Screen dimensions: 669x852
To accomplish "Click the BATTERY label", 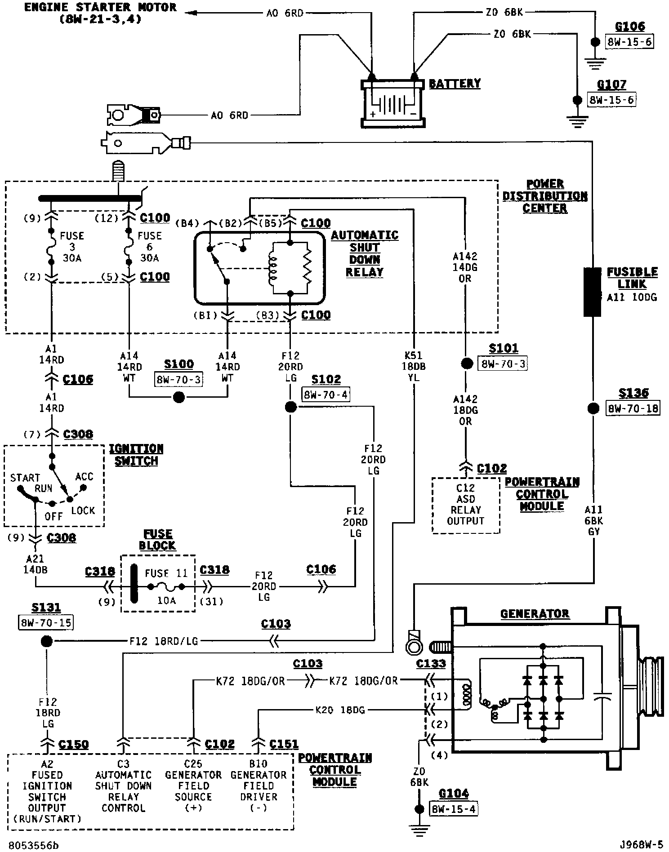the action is pyautogui.click(x=455, y=84).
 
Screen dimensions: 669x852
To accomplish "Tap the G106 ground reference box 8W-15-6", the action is pyautogui.click(x=629, y=42).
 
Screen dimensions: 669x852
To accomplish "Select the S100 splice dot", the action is pyautogui.click(x=179, y=397).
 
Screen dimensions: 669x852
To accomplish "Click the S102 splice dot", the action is pyautogui.click(x=291, y=408).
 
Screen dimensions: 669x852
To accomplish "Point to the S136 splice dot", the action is pyautogui.click(x=593, y=408).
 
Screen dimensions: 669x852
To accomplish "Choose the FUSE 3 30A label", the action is pyautogui.click(x=72, y=247).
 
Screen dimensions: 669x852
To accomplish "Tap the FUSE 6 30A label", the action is pyautogui.click(x=149, y=247).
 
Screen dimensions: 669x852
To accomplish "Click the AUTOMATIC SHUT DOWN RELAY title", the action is pyautogui.click(x=365, y=254).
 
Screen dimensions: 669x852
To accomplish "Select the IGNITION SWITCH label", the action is pyautogui.click(x=136, y=455).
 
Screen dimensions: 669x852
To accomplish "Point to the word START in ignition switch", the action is pyautogui.click(x=25, y=477).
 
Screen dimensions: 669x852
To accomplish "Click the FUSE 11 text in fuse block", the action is pyautogui.click(x=166, y=573).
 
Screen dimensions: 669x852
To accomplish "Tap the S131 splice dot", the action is pyautogui.click(x=46, y=641).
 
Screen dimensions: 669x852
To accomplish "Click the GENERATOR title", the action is pyautogui.click(x=535, y=613).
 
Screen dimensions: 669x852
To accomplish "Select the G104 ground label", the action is pyautogui.click(x=454, y=794).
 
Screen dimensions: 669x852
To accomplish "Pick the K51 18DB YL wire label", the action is pyautogui.click(x=413, y=367).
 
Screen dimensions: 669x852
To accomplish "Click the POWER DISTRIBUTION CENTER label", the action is pyautogui.click(x=545, y=196).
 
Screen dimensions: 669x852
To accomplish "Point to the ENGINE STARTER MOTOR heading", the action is pyautogui.click(x=100, y=13).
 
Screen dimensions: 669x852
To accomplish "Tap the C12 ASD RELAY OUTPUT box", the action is pyautogui.click(x=466, y=505).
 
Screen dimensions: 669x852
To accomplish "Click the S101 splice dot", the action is pyautogui.click(x=466, y=363).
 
